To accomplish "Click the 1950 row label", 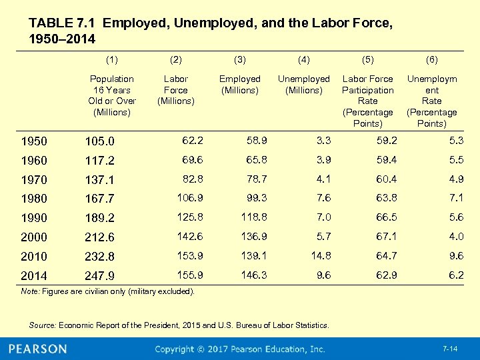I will tap(34, 141).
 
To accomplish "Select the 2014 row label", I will tap(34, 276).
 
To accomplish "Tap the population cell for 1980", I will tap(100, 199).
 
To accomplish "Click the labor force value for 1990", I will tap(190, 217).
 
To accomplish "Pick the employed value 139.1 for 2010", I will tap(253, 256).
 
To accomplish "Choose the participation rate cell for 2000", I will tap(386, 237).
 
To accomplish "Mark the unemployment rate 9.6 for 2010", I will tap(456, 256).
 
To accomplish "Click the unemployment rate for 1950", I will tap(456, 141).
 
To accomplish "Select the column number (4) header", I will tap(304, 59).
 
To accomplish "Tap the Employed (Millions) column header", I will tap(240, 85).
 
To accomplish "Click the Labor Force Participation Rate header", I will tap(368, 101).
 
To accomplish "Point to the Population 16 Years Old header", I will tap(112, 95).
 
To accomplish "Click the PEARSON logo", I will tap(38, 349).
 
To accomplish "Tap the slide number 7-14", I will tap(451, 349).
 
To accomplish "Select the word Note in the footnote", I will tap(29, 291).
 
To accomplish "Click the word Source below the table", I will tap(42, 325).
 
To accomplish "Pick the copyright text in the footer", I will tap(240, 349).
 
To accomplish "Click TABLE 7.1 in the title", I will tap(63, 23).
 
